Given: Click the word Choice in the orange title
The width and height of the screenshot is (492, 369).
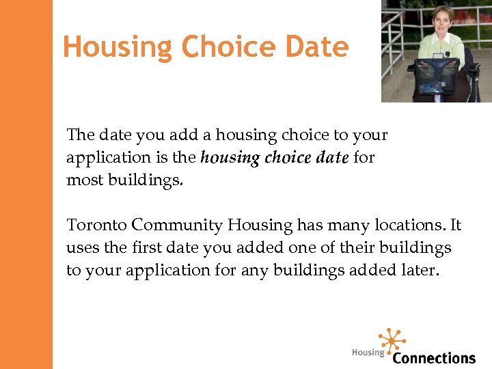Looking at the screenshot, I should click(x=221, y=47).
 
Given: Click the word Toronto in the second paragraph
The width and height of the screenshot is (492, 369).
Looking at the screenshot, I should click(x=96, y=225).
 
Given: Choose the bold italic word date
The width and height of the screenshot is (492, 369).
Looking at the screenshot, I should click(x=331, y=158).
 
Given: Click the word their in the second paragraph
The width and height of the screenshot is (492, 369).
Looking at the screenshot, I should click(x=370, y=247).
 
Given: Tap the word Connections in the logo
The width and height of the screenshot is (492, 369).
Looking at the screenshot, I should click(x=434, y=357).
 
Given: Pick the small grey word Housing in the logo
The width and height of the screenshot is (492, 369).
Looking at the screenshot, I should click(x=368, y=353).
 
